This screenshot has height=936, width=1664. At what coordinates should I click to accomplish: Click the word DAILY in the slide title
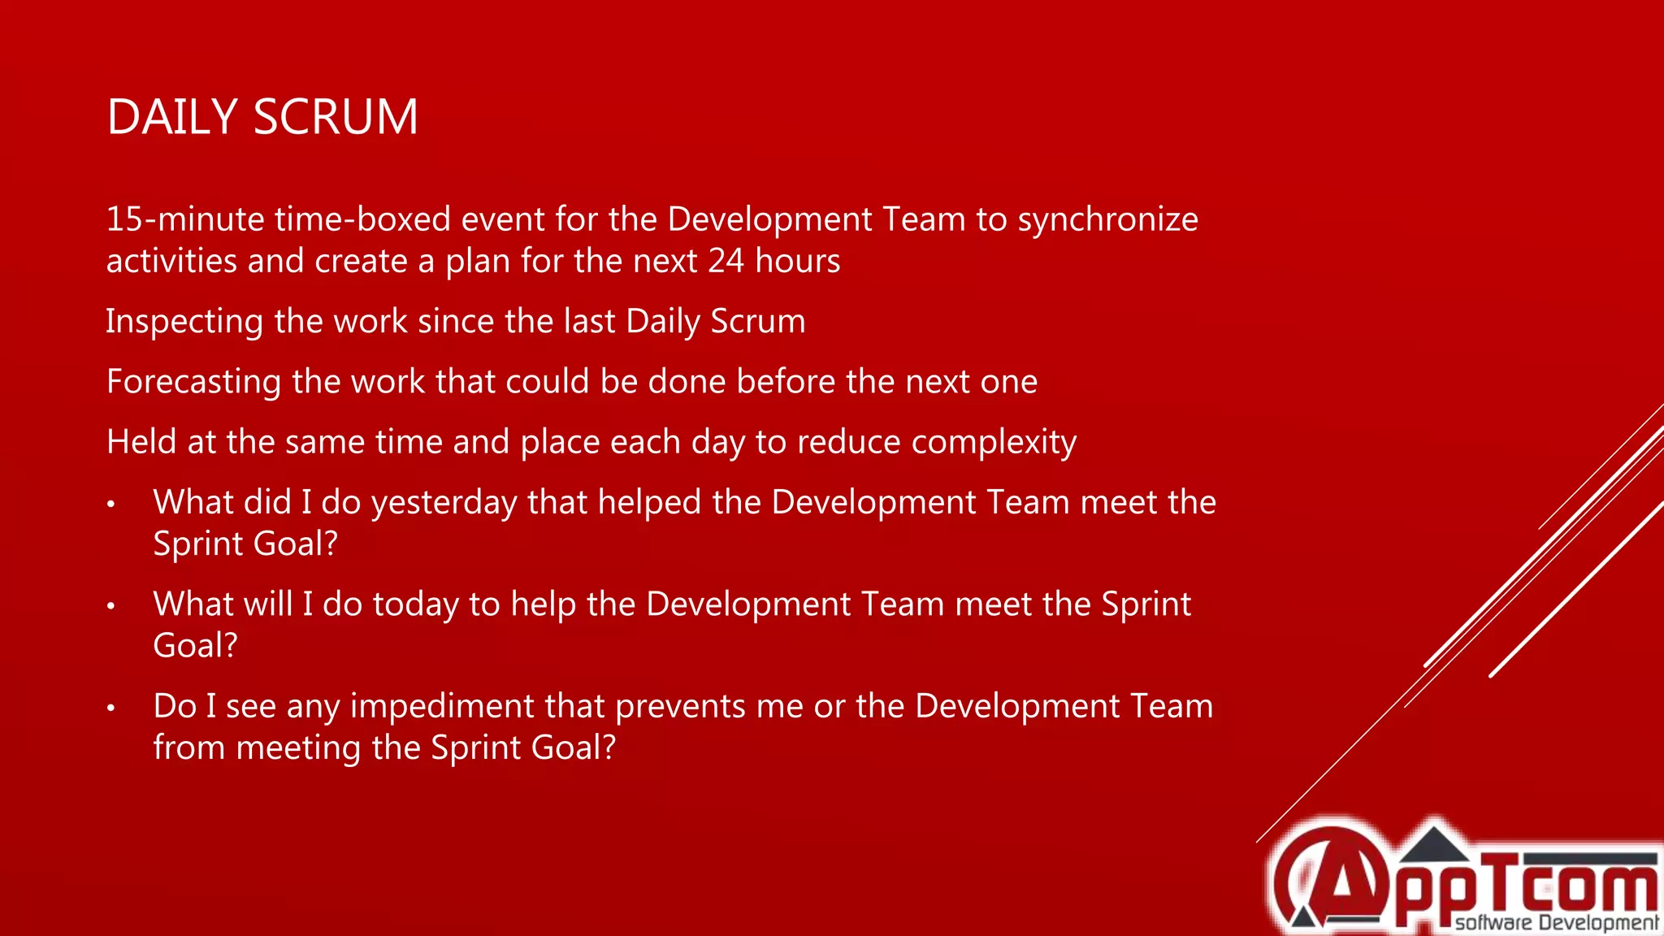coord(171,117)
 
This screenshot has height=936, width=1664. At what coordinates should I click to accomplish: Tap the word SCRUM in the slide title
coord(336,117)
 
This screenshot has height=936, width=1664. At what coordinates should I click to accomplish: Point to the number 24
coord(726,261)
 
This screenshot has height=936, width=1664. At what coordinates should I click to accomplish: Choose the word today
coord(415,604)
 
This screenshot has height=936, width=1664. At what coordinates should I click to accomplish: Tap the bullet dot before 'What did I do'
coord(111,505)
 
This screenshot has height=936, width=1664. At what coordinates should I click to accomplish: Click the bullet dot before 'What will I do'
coord(111,606)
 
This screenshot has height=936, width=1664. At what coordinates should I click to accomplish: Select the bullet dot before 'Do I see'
coord(111,708)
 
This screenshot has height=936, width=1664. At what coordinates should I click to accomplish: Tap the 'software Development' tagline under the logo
coord(1556,922)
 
